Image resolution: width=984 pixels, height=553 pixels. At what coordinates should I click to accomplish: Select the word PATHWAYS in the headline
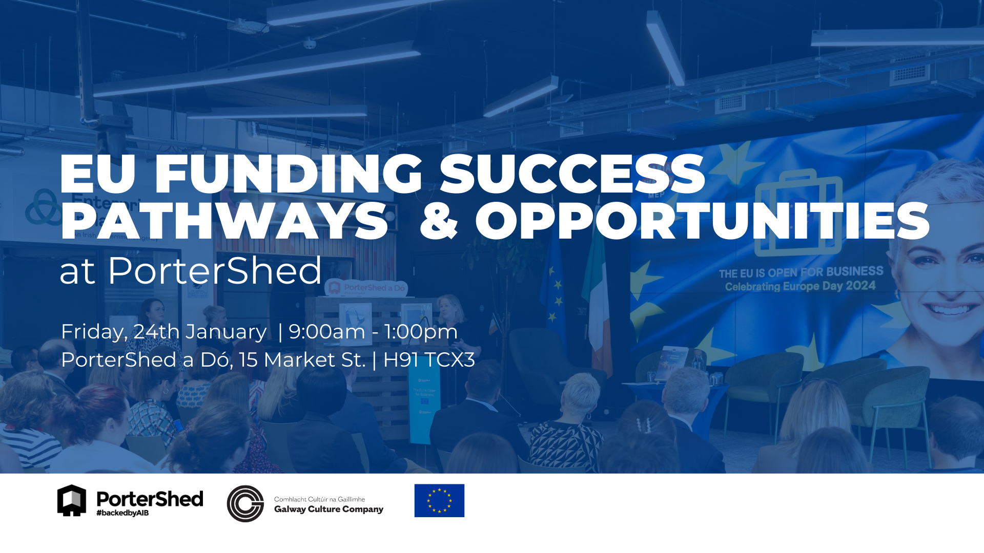(224, 221)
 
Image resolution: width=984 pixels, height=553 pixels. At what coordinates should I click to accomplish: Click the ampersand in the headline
(438, 221)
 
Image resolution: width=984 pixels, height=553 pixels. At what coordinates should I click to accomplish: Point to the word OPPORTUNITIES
(702, 221)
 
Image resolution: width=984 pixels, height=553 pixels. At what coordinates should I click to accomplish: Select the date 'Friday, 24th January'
(163, 332)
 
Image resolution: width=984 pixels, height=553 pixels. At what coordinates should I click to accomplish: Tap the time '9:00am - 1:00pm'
(373, 332)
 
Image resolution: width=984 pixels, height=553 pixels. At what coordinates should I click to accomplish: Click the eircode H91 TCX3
(429, 360)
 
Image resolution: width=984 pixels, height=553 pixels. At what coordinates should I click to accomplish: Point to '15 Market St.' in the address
(302, 360)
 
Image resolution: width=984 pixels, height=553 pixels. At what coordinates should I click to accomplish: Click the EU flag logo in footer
(439, 500)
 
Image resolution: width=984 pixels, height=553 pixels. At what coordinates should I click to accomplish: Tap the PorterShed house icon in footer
(72, 500)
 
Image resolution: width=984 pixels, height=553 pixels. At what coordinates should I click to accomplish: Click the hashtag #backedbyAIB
(122, 513)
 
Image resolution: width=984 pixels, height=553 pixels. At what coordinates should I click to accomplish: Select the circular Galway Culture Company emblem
(245, 503)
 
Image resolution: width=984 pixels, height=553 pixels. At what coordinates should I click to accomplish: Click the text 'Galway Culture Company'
(329, 509)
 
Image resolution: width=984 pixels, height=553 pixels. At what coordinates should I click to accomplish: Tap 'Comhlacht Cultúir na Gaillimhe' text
(319, 499)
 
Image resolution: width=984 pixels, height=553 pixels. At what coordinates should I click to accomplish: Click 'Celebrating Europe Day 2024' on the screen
(800, 286)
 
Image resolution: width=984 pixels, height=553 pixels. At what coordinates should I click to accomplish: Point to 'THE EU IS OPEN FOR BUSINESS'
(801, 272)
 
